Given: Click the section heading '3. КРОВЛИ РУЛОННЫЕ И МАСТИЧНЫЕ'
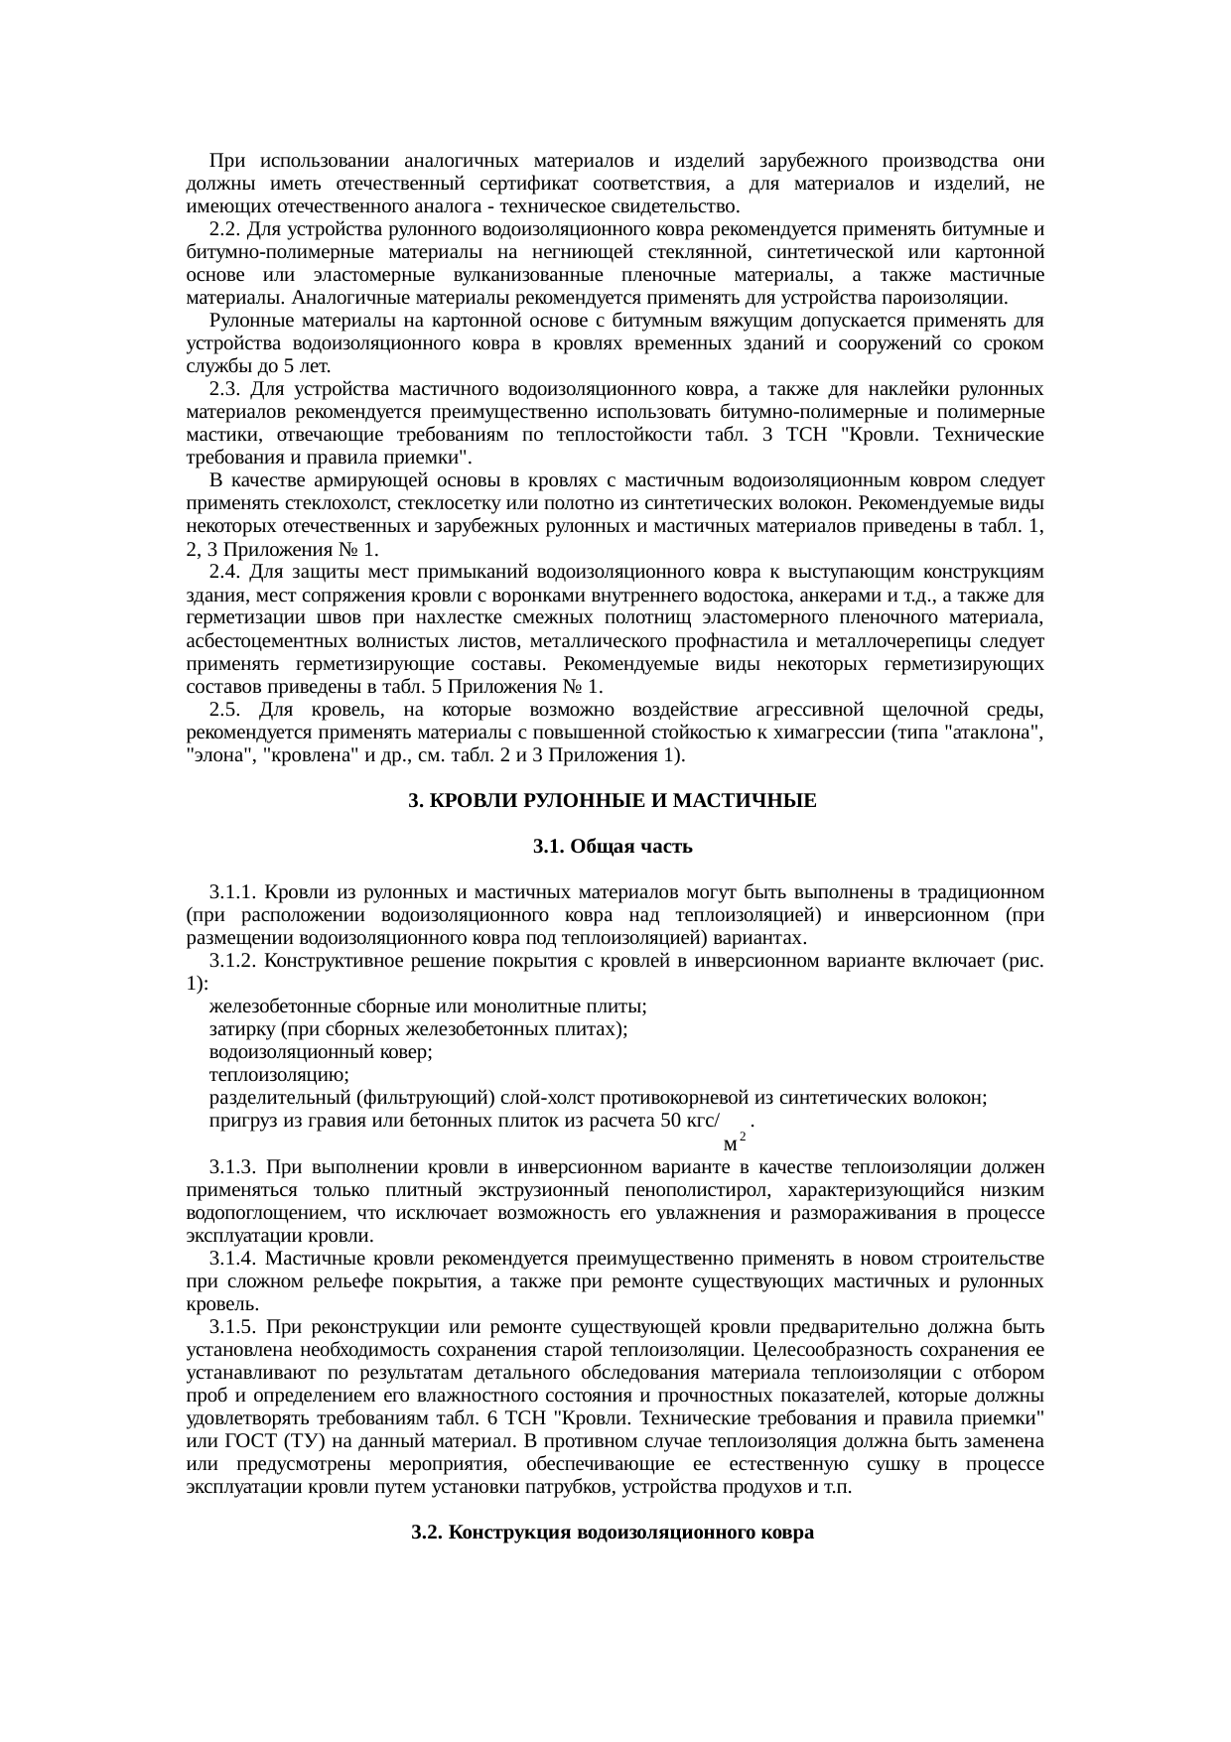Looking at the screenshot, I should (x=613, y=800).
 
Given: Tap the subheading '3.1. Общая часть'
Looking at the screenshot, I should (x=613, y=847).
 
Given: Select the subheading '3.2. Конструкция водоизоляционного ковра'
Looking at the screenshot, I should (x=613, y=1533).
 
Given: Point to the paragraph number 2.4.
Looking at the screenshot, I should (x=225, y=573).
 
